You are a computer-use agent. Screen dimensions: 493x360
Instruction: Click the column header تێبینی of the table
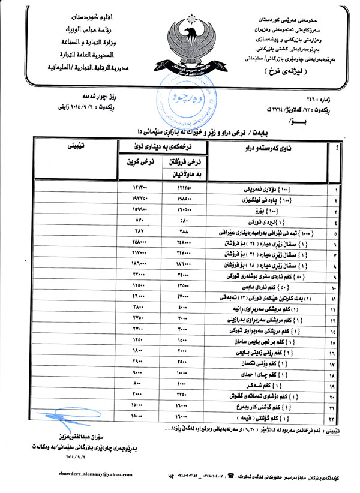(x=76, y=146)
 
